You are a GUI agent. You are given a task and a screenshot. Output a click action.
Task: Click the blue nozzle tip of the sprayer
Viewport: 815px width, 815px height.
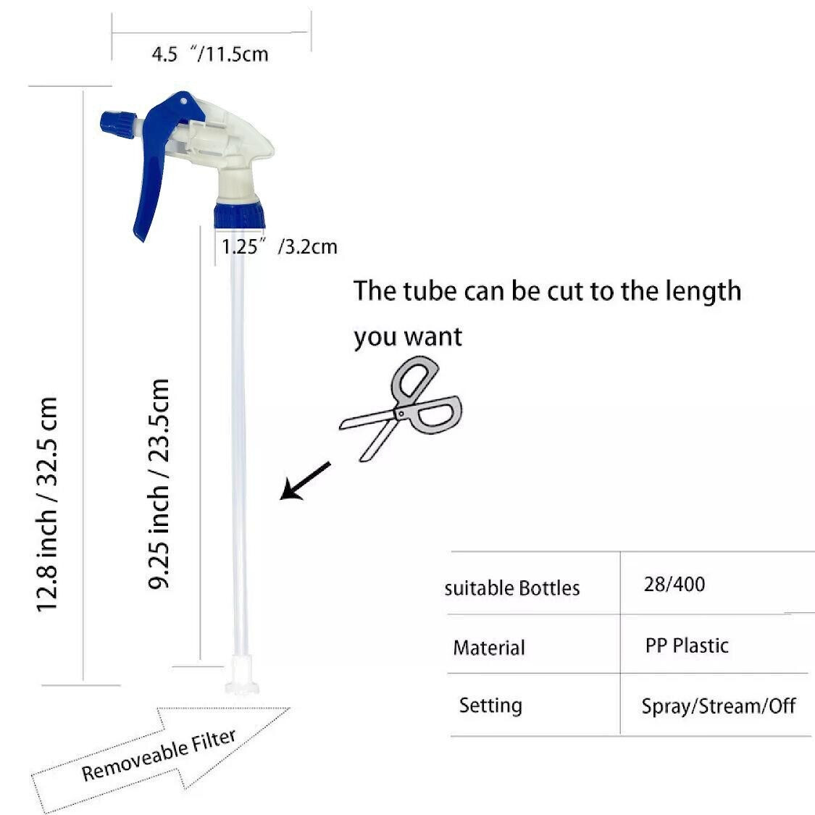tap(118, 126)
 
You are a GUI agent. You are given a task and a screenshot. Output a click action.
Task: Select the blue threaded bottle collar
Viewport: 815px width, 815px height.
tap(239, 215)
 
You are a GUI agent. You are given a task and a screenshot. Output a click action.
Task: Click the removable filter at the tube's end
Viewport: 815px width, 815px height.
tap(242, 674)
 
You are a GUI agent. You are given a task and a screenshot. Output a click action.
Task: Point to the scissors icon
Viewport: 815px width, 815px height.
tap(401, 409)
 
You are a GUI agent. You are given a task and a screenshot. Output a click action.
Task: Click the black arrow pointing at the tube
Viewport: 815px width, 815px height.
tap(305, 481)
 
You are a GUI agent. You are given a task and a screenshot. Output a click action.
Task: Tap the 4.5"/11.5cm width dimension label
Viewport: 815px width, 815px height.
tap(210, 54)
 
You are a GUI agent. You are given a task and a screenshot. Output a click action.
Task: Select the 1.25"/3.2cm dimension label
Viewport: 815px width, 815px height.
tap(280, 246)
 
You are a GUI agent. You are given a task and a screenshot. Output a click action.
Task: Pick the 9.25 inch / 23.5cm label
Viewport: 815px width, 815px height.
tap(159, 484)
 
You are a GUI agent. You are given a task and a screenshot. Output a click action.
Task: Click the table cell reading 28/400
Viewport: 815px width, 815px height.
tap(674, 584)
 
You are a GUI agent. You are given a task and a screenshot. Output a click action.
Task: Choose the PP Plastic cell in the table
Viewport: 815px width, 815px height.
tap(687, 645)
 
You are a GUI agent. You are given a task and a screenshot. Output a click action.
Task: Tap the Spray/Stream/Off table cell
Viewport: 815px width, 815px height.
tap(719, 706)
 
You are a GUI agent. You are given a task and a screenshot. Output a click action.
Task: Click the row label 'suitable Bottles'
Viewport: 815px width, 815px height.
tap(512, 588)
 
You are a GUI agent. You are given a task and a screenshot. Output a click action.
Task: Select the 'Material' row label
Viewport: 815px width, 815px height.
tap(489, 648)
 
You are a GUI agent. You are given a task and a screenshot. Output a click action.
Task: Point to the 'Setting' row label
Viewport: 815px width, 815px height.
tap(490, 706)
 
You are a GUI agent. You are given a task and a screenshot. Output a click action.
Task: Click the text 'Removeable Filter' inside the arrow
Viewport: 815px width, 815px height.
tap(159, 755)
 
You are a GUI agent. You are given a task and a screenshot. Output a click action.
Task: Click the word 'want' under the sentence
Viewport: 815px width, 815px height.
tap(433, 337)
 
